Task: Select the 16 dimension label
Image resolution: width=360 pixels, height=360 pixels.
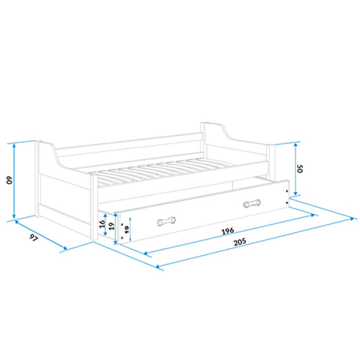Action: point(101,225)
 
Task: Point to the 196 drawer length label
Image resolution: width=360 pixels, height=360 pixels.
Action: point(228,231)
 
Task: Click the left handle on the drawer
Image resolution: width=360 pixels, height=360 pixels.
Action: point(165,221)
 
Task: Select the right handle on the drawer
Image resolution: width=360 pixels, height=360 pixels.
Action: point(252,203)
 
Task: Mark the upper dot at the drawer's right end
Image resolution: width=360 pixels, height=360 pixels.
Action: point(287,191)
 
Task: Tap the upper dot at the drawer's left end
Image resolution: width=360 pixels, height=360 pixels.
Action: point(122,224)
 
